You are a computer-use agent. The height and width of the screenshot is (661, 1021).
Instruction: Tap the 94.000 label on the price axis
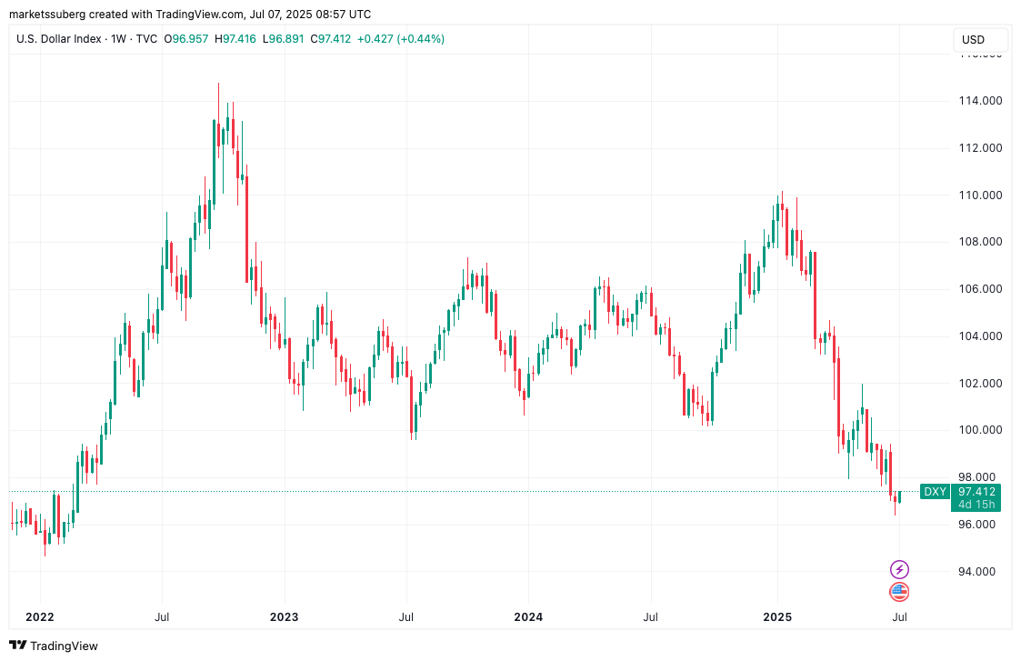click(981, 571)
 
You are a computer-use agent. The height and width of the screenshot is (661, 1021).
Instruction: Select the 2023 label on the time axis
click(284, 617)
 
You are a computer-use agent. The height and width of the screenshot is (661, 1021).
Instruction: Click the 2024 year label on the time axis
click(528, 617)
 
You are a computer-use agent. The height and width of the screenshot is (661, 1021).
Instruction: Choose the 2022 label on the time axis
click(40, 617)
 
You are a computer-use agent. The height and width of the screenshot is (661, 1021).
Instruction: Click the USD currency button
click(973, 40)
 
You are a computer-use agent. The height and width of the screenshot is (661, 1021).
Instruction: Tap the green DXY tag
click(935, 492)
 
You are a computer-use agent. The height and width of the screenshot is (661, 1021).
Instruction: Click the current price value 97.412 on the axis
click(977, 492)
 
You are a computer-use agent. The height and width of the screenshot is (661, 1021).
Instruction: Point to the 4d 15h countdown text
click(977, 505)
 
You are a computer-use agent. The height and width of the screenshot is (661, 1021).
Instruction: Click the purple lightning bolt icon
click(899, 570)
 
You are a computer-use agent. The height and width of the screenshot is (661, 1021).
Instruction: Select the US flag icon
click(899, 592)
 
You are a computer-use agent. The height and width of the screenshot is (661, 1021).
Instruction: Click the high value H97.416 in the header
click(240, 39)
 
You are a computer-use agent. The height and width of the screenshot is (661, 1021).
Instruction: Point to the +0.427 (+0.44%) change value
click(400, 39)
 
